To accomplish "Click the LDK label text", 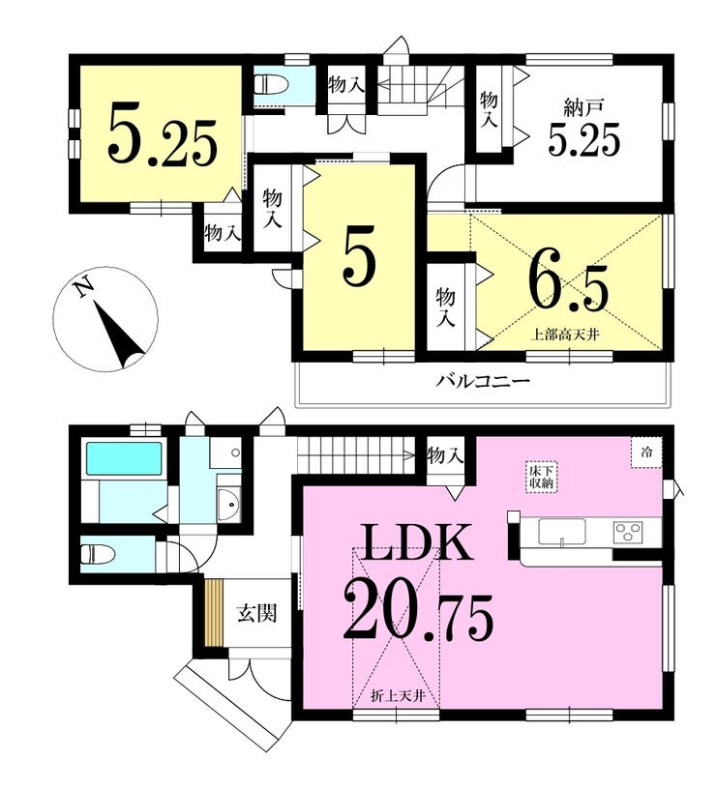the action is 415,542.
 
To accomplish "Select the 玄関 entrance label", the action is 257,613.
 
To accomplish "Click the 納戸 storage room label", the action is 583,109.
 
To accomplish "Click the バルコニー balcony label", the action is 483,380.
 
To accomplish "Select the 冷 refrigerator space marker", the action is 646,452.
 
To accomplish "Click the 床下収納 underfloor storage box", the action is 542,477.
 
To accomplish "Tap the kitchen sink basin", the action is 561,532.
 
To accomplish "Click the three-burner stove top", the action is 628,532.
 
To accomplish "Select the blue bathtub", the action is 124,458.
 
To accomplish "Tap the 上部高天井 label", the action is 566,335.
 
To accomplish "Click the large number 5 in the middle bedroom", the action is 359,255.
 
